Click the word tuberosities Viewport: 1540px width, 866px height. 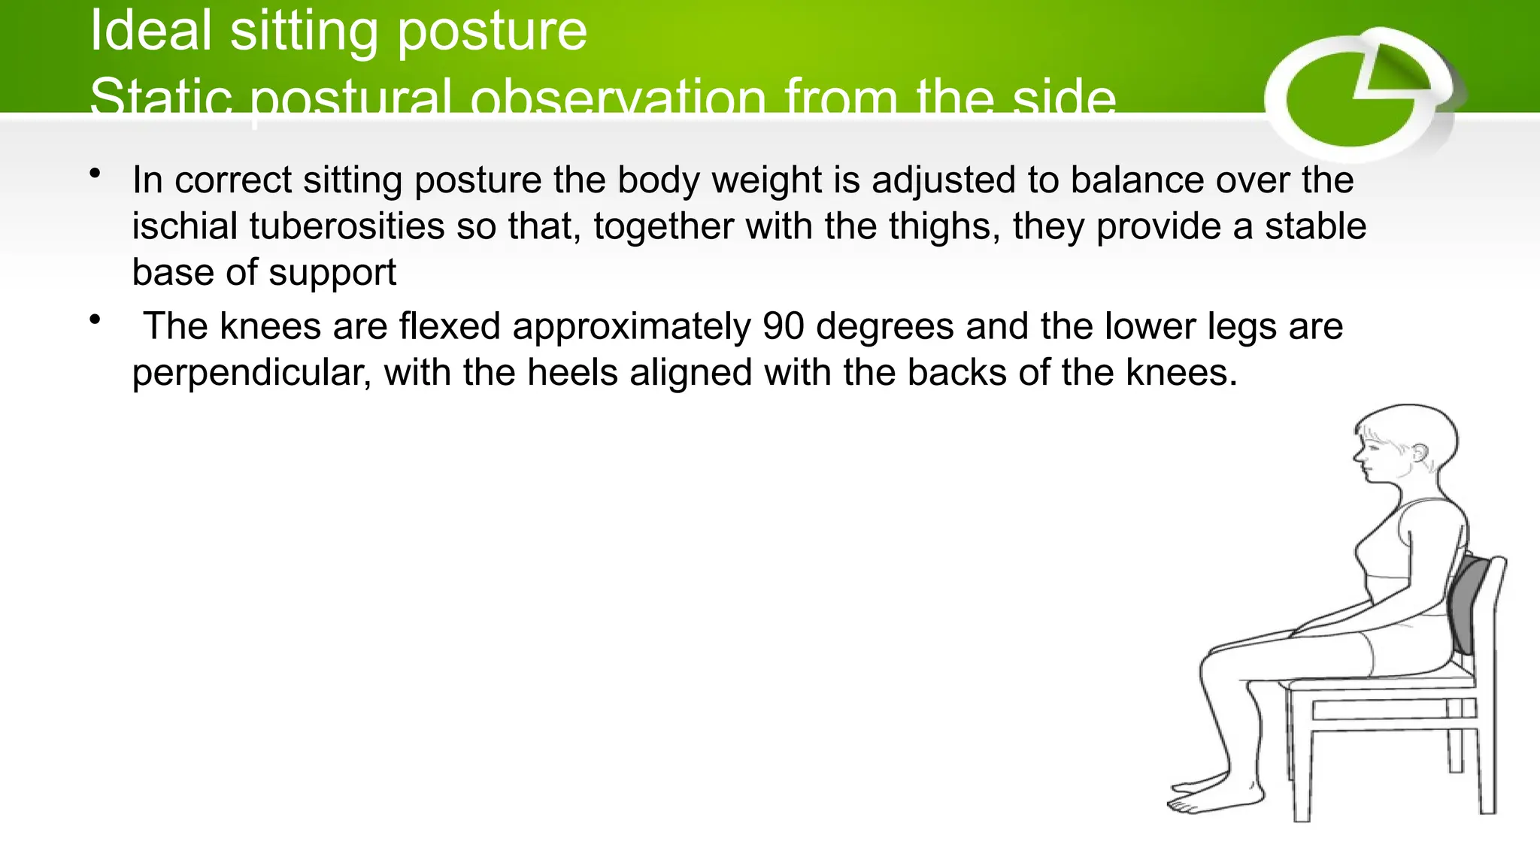347,226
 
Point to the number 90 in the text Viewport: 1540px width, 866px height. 783,326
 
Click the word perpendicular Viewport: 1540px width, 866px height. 251,373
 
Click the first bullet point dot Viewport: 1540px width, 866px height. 95,174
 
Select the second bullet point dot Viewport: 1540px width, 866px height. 95,320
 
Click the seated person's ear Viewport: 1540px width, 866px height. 1420,453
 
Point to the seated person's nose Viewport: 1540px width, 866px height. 1358,455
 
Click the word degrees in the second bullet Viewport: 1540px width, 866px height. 884,326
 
